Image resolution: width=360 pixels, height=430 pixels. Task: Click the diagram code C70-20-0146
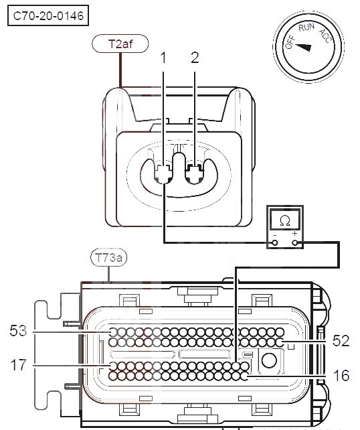[x=48, y=16]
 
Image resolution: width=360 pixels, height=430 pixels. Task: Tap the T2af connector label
[x=120, y=44]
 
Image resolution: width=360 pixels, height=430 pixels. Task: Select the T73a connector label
[x=109, y=257]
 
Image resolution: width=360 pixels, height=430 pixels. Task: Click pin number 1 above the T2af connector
[x=163, y=58]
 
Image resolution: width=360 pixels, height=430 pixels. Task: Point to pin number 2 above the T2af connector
[x=195, y=58]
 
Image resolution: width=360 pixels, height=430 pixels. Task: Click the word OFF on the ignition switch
[x=290, y=42]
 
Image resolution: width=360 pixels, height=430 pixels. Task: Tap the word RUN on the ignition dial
[x=306, y=27]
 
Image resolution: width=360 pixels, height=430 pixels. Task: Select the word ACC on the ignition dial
[x=325, y=35]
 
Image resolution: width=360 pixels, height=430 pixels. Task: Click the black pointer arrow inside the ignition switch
[x=304, y=47]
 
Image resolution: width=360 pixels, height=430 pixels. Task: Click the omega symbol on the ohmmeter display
[x=285, y=221]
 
